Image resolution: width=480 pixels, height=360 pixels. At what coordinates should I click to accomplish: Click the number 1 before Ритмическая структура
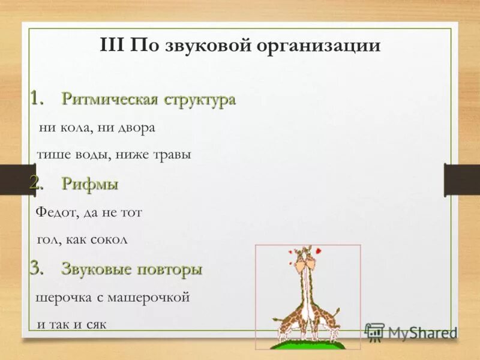coord(37,98)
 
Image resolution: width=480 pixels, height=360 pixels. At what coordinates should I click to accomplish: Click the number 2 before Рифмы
coord(37,184)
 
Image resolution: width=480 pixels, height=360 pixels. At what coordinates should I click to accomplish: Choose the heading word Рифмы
coord(89,184)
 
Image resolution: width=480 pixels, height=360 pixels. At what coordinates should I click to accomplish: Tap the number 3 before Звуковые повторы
coord(37,269)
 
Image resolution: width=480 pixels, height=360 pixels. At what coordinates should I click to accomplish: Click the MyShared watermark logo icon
coord(374,332)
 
